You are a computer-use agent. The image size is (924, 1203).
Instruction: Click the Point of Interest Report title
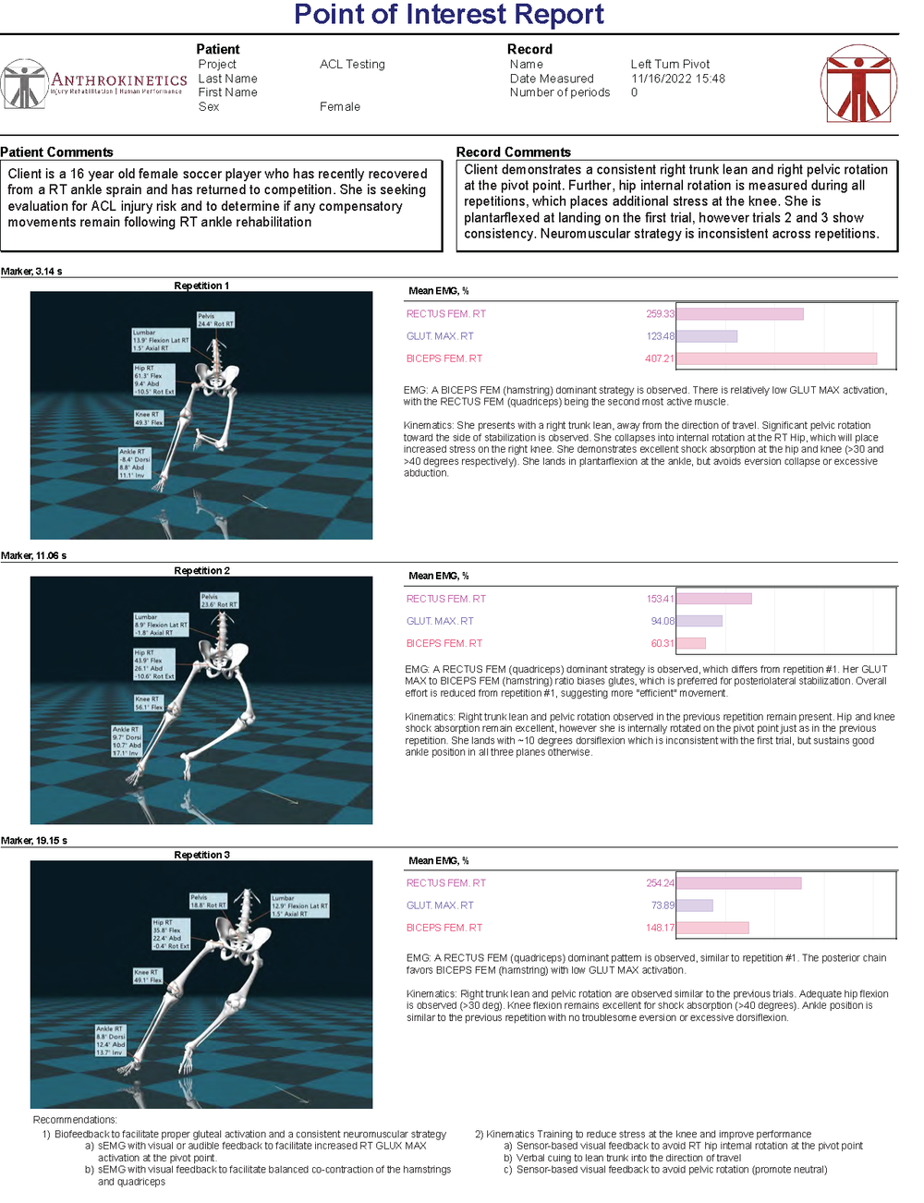point(448,15)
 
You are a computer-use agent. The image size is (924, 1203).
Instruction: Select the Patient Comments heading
point(57,152)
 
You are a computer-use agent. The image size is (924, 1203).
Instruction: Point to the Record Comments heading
point(513,152)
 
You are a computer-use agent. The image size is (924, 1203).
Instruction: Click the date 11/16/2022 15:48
point(677,79)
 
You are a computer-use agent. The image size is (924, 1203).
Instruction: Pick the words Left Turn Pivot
point(670,65)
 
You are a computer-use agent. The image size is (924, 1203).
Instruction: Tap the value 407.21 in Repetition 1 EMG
point(660,358)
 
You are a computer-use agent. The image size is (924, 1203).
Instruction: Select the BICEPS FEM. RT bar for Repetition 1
point(776,358)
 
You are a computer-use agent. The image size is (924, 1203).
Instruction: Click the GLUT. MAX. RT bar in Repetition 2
point(699,621)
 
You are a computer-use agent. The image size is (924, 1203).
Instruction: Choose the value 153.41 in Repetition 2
point(660,599)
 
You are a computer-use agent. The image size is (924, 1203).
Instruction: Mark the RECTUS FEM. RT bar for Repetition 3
point(738,883)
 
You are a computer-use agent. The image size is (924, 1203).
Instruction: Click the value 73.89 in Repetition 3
point(663,905)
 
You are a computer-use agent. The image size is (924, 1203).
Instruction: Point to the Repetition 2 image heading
point(201,571)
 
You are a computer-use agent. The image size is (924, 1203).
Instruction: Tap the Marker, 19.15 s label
point(34,841)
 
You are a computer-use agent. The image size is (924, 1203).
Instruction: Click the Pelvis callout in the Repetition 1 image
point(215,320)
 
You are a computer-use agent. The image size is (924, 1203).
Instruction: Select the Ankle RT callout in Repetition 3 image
point(111,1040)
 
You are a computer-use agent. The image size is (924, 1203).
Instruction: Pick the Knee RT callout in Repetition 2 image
point(148,703)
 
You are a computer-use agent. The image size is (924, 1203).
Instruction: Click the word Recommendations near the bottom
point(75,1120)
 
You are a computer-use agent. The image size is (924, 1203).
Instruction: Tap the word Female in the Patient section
point(340,107)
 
